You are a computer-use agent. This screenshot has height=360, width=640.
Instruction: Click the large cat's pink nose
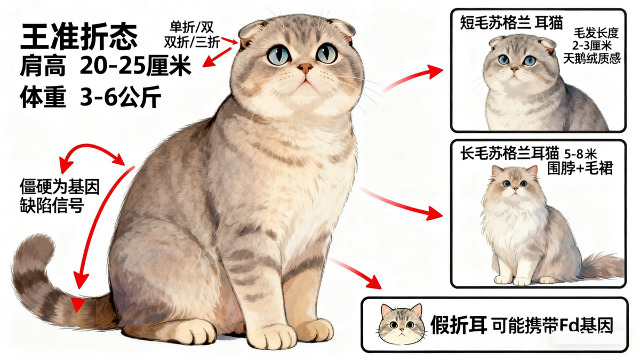click(305, 68)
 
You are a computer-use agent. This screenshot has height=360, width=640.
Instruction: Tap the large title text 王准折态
click(79, 37)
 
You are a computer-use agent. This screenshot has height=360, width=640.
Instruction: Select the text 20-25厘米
click(135, 66)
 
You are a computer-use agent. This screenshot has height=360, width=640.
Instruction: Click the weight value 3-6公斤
click(121, 97)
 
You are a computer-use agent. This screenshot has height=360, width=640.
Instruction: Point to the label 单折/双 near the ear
click(191, 27)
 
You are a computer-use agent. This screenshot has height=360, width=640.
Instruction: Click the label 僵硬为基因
click(60, 187)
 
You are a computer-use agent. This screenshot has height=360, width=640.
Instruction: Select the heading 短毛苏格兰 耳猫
click(511, 23)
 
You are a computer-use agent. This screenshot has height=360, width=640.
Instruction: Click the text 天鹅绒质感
click(592, 59)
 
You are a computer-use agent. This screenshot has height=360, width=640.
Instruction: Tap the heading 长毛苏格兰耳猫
click(510, 154)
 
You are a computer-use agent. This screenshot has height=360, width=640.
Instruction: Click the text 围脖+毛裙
click(580, 168)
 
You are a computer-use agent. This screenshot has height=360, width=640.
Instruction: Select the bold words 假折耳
click(459, 325)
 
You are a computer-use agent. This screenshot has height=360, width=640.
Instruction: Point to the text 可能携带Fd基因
click(553, 325)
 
